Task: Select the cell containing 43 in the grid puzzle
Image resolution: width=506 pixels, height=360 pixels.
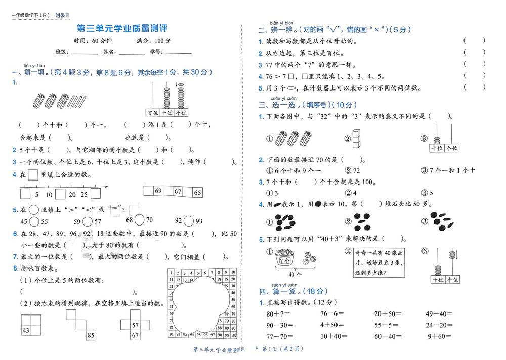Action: [x=25, y=330]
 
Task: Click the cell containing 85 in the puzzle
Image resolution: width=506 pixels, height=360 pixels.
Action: [x=91, y=334]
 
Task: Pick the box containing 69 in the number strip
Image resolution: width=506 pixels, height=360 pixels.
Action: [x=158, y=191]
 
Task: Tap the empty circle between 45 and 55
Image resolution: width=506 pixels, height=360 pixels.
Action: [x=35, y=221]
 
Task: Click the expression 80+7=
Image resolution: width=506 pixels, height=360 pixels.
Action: [x=277, y=314]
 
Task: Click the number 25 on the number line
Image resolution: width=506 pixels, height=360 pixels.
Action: [x=83, y=194]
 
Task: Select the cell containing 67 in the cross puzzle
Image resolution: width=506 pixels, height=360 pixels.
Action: [x=135, y=335]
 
